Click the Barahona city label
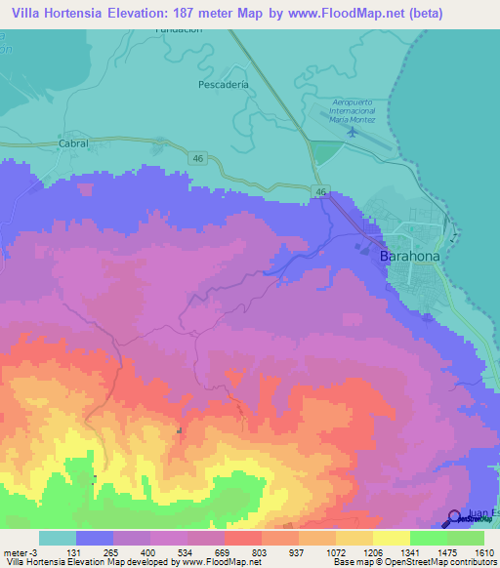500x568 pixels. click(x=402, y=256)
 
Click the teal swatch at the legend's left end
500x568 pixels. click(x=57, y=538)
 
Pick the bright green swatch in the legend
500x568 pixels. click(x=428, y=538)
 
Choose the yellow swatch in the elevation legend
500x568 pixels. click(x=391, y=538)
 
